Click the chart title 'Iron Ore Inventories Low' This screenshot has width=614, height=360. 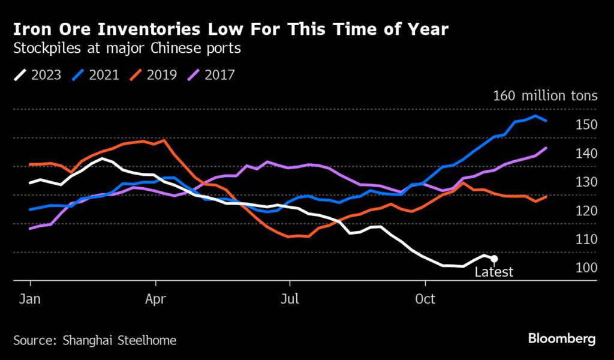[230, 29]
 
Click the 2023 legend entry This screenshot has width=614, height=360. [37, 75]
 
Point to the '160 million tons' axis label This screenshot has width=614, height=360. [545, 95]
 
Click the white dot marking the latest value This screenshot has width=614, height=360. [494, 259]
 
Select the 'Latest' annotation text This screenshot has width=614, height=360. [494, 272]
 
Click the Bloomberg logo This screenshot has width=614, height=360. [562, 339]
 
